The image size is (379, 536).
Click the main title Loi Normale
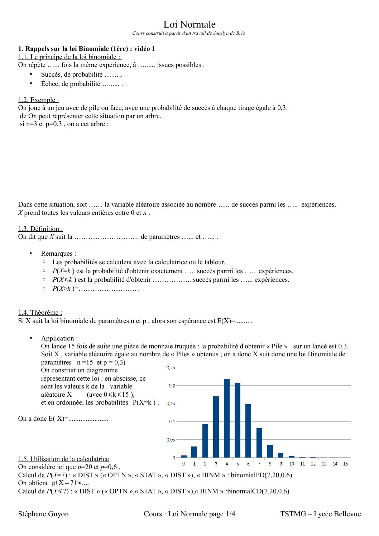click(189, 24)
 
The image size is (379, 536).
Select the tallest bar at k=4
click(227, 418)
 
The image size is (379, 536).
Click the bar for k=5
click(238, 420)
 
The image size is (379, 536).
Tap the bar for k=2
click(205, 441)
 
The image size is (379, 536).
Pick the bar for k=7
click(259, 443)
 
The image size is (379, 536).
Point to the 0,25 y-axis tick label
click(171, 368)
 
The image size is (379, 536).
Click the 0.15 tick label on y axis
click(171, 404)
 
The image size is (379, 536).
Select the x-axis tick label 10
click(292, 464)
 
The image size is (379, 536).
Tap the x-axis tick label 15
click(345, 464)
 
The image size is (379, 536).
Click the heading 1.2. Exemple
click(39, 100)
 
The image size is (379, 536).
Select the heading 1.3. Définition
click(40, 229)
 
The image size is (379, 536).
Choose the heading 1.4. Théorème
click(40, 313)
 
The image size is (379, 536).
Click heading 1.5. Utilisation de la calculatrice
click(63, 459)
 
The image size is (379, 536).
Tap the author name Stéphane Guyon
click(43, 514)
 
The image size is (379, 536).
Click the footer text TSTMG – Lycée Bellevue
click(320, 514)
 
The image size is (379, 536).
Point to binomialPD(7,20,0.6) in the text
click(262, 475)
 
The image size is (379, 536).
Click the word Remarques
click(58, 253)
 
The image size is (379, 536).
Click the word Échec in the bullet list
click(51, 84)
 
